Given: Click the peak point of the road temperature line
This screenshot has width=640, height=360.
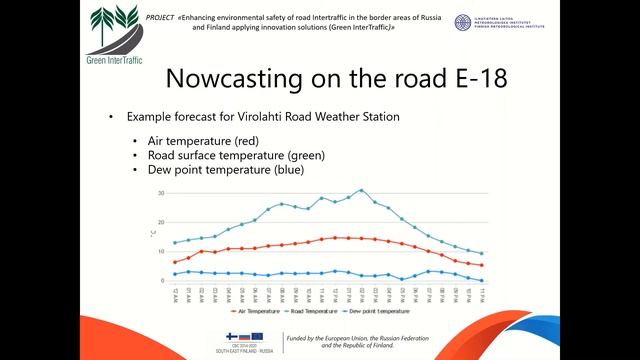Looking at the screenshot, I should [x=361, y=190].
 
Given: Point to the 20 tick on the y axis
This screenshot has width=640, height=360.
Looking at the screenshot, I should [x=160, y=222].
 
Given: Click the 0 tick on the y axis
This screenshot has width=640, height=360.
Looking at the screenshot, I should [x=161, y=281].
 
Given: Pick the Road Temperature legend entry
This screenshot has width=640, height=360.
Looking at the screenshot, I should [x=317, y=312].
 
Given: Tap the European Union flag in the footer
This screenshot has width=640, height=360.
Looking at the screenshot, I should [x=257, y=336].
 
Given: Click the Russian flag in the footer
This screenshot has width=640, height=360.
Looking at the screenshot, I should [x=244, y=336].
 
